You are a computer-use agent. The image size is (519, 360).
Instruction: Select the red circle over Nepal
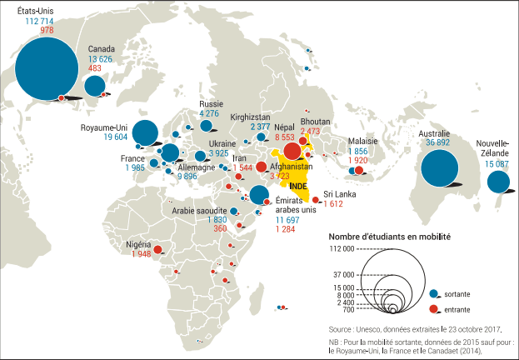coord(292,151)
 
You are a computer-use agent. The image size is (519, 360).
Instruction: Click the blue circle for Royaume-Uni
coord(145,132)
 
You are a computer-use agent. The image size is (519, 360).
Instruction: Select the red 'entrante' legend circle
coord(433,310)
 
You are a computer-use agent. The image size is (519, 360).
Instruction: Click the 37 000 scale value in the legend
coord(342,274)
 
